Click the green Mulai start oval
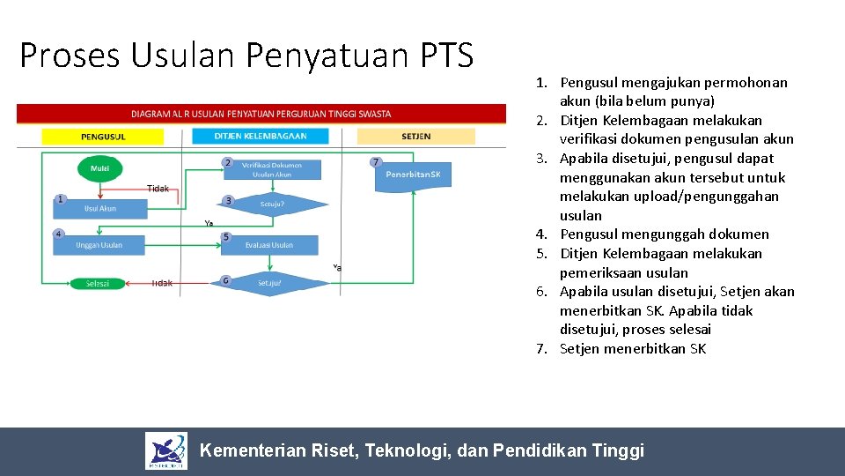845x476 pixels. [x=100, y=168]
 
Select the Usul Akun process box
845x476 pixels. [x=100, y=209]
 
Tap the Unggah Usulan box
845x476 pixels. [x=99, y=244]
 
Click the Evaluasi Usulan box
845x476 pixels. [x=269, y=244]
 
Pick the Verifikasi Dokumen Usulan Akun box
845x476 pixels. [x=271, y=170]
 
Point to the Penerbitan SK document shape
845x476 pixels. [x=413, y=175]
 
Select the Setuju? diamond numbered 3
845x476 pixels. [x=272, y=205]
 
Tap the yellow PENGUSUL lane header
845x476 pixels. [x=103, y=137]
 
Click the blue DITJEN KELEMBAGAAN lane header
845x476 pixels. [x=261, y=137]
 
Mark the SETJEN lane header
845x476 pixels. [x=415, y=137]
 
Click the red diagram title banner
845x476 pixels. [x=261, y=114]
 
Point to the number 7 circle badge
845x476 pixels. [x=376, y=161]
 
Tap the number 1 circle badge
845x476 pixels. [x=59, y=199]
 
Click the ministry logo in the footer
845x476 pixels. [x=166, y=451]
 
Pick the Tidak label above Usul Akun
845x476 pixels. [x=158, y=188]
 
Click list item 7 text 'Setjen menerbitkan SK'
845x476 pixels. [x=632, y=348]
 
